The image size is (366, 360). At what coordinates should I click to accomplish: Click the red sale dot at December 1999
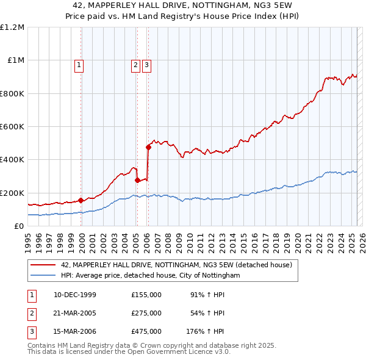pyautogui.click(x=81, y=200)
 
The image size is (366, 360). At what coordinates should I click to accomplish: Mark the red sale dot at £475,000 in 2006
pyautogui.click(x=148, y=147)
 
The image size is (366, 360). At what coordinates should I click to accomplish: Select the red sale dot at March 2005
pyautogui.click(x=137, y=180)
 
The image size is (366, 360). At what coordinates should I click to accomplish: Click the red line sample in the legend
pyautogui.click(x=43, y=265)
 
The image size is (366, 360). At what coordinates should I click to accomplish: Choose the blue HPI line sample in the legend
pyautogui.click(x=43, y=276)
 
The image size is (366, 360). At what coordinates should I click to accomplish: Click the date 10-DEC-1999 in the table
pyautogui.click(x=75, y=295)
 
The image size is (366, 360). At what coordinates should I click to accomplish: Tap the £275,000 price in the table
pyautogui.click(x=146, y=313)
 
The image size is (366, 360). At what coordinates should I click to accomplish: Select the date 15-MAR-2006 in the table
pyautogui.click(x=75, y=331)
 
